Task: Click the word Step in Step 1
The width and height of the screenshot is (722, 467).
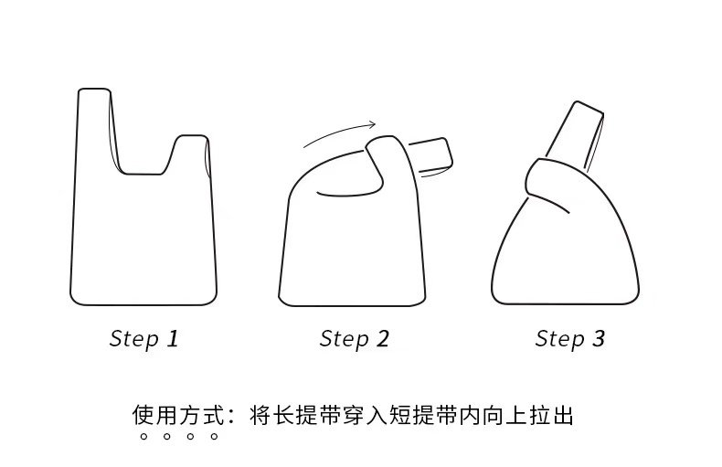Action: (133, 340)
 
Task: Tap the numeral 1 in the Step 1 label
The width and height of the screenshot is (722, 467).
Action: (172, 339)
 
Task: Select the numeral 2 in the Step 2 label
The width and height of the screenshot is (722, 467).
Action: (382, 339)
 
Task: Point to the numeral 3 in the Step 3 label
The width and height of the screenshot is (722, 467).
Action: (599, 339)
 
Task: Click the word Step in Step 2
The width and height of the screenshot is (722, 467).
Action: (344, 340)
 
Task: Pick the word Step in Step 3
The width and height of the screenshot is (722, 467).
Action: (559, 340)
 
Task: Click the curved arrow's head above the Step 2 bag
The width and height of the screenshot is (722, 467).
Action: (372, 124)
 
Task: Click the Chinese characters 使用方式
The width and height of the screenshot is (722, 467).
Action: (175, 416)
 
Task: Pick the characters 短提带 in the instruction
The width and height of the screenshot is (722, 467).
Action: (423, 416)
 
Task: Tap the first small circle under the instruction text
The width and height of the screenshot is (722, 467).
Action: (143, 438)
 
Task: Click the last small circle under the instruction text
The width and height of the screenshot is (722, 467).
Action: (214, 438)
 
